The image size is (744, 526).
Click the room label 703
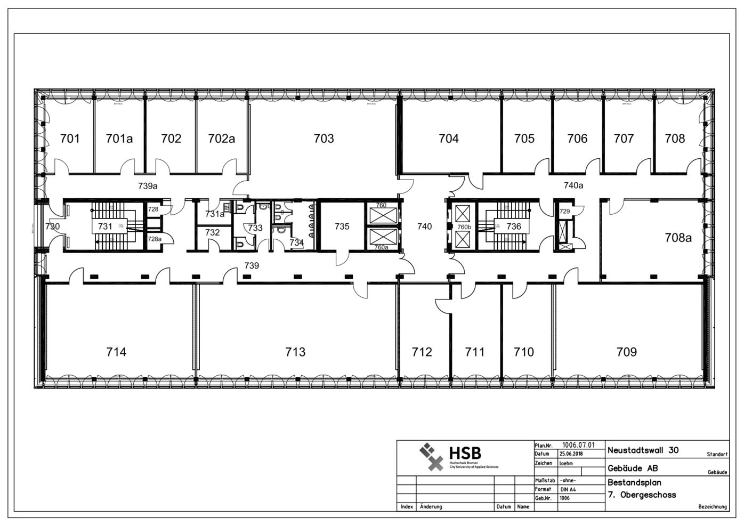point(324,139)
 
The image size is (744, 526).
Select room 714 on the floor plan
point(116,352)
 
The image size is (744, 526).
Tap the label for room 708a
point(678,238)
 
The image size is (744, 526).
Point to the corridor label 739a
point(148,186)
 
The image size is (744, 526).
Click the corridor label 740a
point(573,185)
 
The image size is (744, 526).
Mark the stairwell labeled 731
point(105,226)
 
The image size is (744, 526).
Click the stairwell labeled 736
point(514,226)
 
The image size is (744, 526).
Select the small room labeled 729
point(564,212)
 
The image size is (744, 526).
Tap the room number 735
point(342,226)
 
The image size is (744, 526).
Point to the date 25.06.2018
point(571,454)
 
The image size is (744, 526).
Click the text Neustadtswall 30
point(643,450)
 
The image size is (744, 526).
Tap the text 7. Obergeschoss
point(642,495)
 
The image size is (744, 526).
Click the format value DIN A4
point(568,489)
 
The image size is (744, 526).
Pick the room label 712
point(422,352)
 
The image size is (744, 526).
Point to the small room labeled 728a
point(154,239)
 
